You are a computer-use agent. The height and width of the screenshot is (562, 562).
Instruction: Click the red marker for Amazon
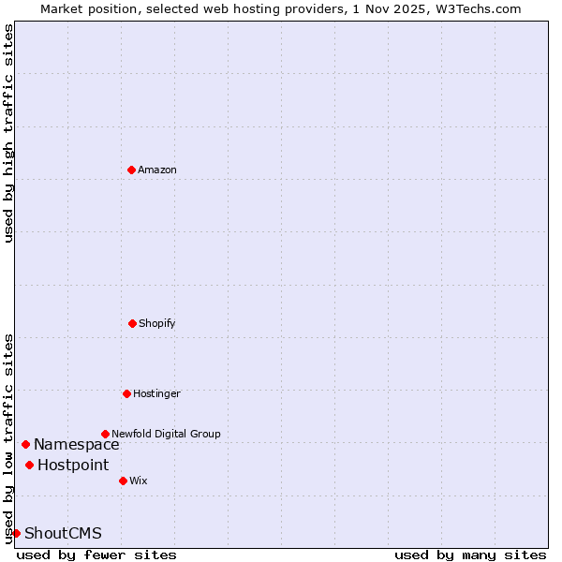[x=131, y=170]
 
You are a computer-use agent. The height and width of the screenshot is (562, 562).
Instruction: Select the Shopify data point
[x=132, y=323]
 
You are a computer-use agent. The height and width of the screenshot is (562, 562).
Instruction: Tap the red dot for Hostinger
[x=126, y=393]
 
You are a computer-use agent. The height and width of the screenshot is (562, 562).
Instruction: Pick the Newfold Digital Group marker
[x=105, y=434]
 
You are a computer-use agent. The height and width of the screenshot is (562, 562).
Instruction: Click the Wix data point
[x=123, y=481]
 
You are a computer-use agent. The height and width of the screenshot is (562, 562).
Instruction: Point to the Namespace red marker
[x=25, y=444]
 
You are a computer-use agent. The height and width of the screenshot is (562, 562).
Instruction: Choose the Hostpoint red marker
[x=29, y=465]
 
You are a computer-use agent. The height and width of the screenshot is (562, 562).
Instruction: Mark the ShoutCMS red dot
[x=16, y=533]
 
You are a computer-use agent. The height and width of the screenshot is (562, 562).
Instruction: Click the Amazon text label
[x=157, y=170]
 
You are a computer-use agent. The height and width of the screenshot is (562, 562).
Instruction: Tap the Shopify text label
[x=157, y=323]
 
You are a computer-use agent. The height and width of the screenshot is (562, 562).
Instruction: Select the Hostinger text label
[x=156, y=393]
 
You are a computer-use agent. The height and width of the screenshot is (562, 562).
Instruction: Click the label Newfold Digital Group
[x=166, y=434]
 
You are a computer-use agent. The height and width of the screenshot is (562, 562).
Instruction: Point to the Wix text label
[x=139, y=481]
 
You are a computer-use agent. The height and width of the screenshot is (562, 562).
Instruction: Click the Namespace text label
[x=77, y=444]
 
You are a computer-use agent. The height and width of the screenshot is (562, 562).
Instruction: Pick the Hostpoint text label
[x=73, y=465]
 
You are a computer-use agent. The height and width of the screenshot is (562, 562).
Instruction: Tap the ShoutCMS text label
[x=63, y=533]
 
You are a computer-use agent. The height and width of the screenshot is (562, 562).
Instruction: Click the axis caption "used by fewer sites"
[x=96, y=555]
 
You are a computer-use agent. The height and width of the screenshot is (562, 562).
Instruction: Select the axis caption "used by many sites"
[x=470, y=555]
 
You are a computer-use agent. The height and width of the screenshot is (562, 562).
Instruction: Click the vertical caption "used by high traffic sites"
[x=8, y=133]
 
